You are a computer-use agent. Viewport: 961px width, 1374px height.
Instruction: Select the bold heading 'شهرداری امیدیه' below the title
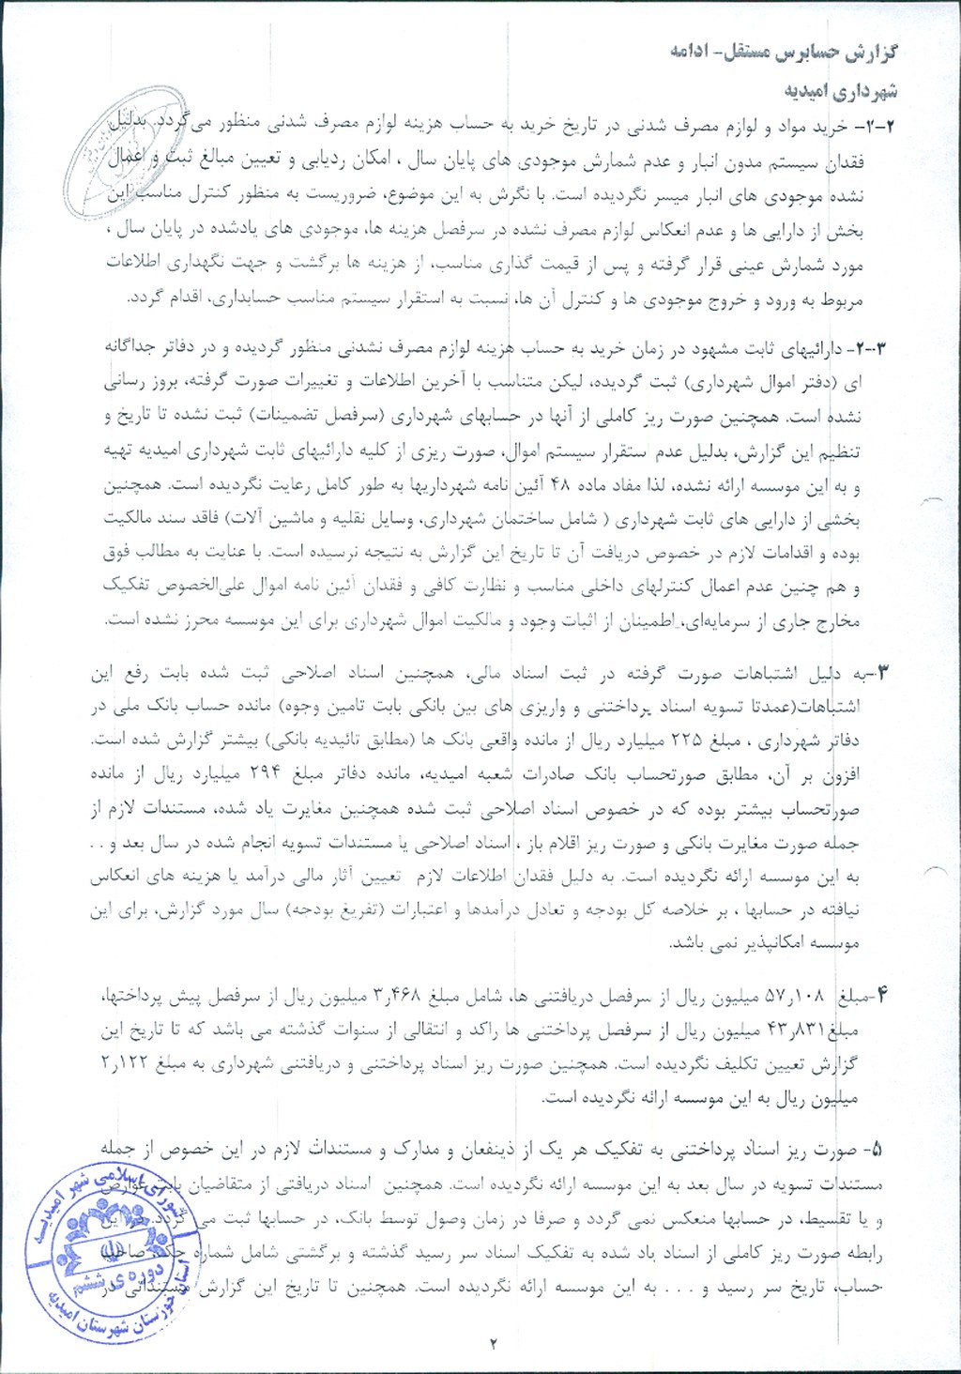tap(841, 90)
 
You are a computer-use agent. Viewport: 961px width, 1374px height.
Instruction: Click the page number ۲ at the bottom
tap(493, 1342)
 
